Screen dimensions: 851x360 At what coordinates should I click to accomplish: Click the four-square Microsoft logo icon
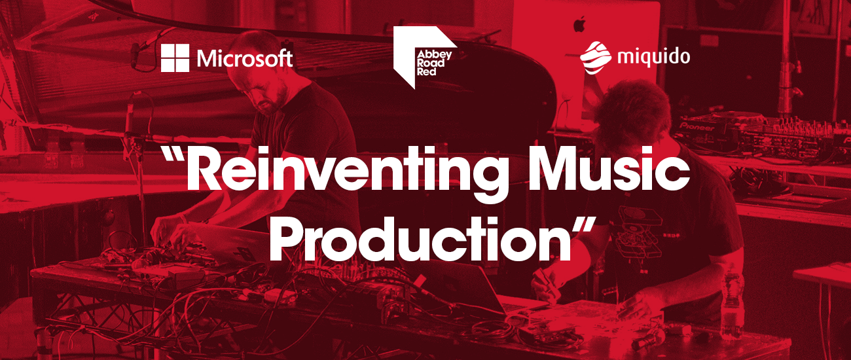[x=175, y=58]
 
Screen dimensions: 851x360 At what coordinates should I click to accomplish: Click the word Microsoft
[x=245, y=58]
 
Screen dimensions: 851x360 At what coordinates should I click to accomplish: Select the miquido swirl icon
[x=595, y=58]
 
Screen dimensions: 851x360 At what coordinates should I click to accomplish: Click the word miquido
[x=653, y=58]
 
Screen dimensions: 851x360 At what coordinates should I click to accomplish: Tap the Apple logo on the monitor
[x=579, y=24]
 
